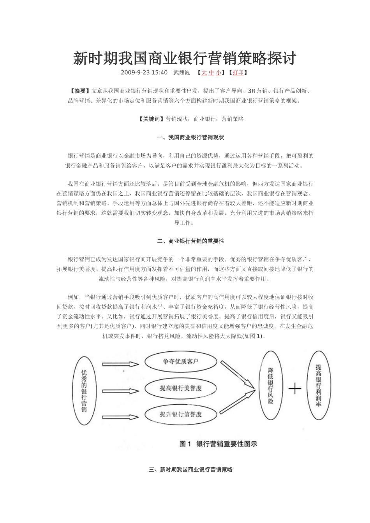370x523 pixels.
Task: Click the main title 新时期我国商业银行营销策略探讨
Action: point(185,59)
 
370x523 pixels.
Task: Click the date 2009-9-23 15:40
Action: point(144,72)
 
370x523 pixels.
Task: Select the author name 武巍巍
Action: point(181,72)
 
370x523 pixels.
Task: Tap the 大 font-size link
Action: point(204,72)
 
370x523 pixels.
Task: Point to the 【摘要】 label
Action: point(79,91)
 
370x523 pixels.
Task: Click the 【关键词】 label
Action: point(152,119)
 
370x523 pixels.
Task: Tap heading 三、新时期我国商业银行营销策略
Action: point(190,469)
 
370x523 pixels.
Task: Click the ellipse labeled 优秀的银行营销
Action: point(84,390)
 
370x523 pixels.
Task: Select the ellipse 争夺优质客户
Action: point(181,362)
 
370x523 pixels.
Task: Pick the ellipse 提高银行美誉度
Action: point(181,388)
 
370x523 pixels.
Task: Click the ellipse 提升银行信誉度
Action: point(181,414)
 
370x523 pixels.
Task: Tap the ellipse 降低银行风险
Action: point(271,385)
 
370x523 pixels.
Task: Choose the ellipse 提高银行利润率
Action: point(319,385)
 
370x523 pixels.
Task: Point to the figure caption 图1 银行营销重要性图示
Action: point(218,444)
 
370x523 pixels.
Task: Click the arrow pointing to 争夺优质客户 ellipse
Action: point(120,364)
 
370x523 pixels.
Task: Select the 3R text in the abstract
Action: point(251,91)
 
